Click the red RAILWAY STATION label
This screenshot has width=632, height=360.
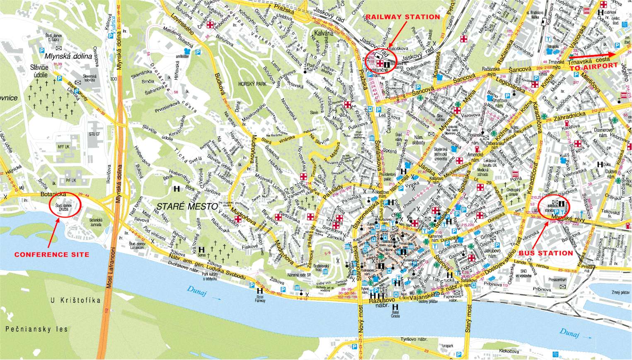coord(403,17)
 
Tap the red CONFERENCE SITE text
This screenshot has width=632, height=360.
coord(52,255)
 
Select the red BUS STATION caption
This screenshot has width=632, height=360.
coord(546,253)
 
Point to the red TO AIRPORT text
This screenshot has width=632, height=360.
coord(593,66)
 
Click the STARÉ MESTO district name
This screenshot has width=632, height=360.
coord(187,206)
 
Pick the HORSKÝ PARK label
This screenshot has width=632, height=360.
coord(252,84)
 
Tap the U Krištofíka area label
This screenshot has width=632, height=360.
coord(75,300)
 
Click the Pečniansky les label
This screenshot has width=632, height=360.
coord(37,329)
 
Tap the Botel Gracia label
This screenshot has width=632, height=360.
coord(395,314)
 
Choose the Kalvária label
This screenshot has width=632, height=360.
coord(324,33)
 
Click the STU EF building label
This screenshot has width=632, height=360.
coord(94,134)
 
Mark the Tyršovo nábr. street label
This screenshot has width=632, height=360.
coord(414,339)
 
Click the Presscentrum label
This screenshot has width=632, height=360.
coord(557,280)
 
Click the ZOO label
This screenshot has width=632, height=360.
coord(114,79)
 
